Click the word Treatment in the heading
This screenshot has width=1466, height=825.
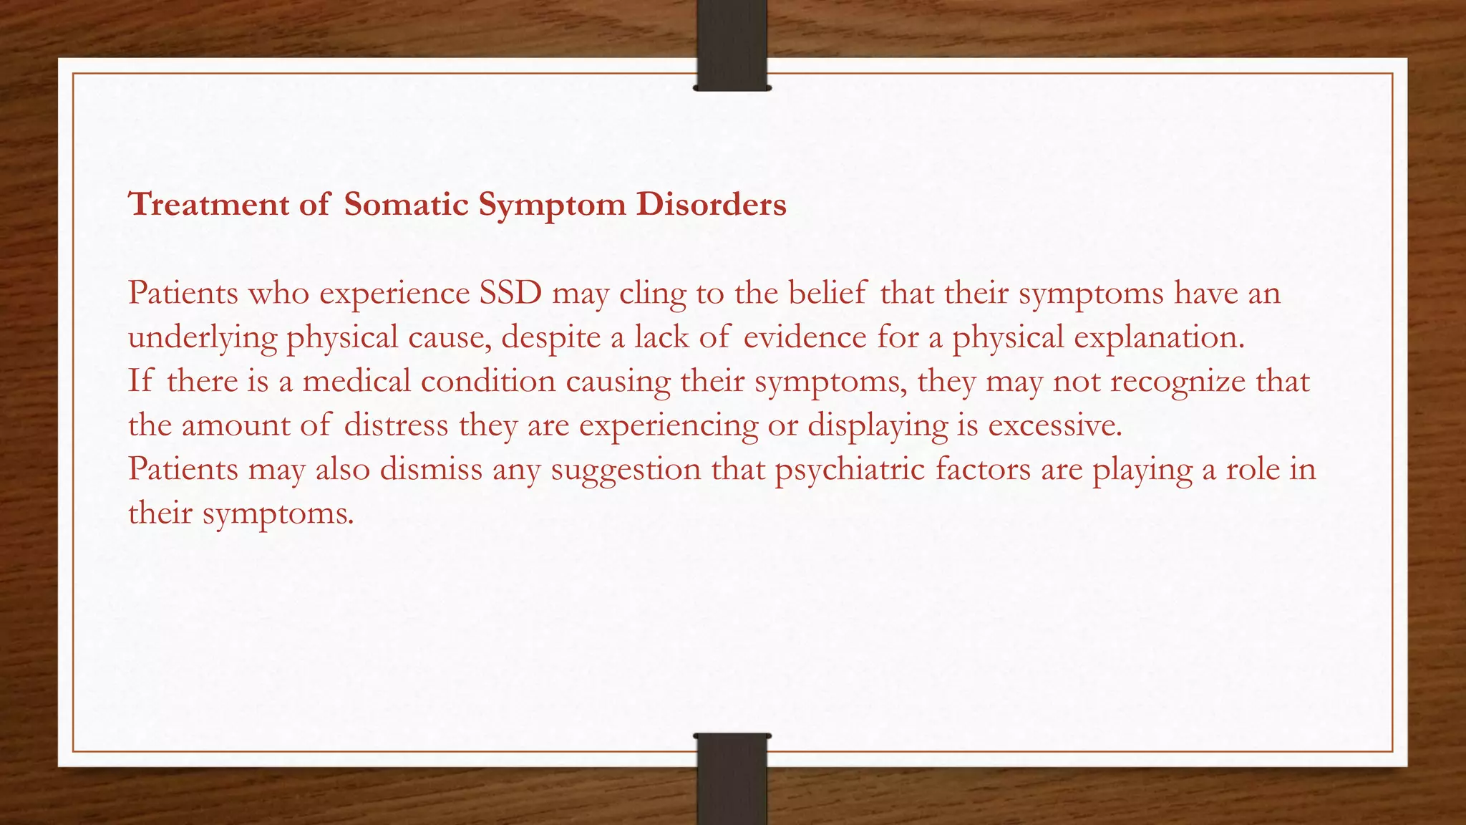pos(208,205)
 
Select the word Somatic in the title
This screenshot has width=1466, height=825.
pos(406,205)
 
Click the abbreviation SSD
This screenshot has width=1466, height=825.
pos(510,293)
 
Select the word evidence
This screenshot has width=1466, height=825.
pos(805,337)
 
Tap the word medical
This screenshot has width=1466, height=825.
pos(356,381)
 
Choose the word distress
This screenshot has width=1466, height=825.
pos(396,425)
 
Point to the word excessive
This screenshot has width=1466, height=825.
pos(1054,425)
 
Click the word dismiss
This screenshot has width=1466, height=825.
pos(431,469)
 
